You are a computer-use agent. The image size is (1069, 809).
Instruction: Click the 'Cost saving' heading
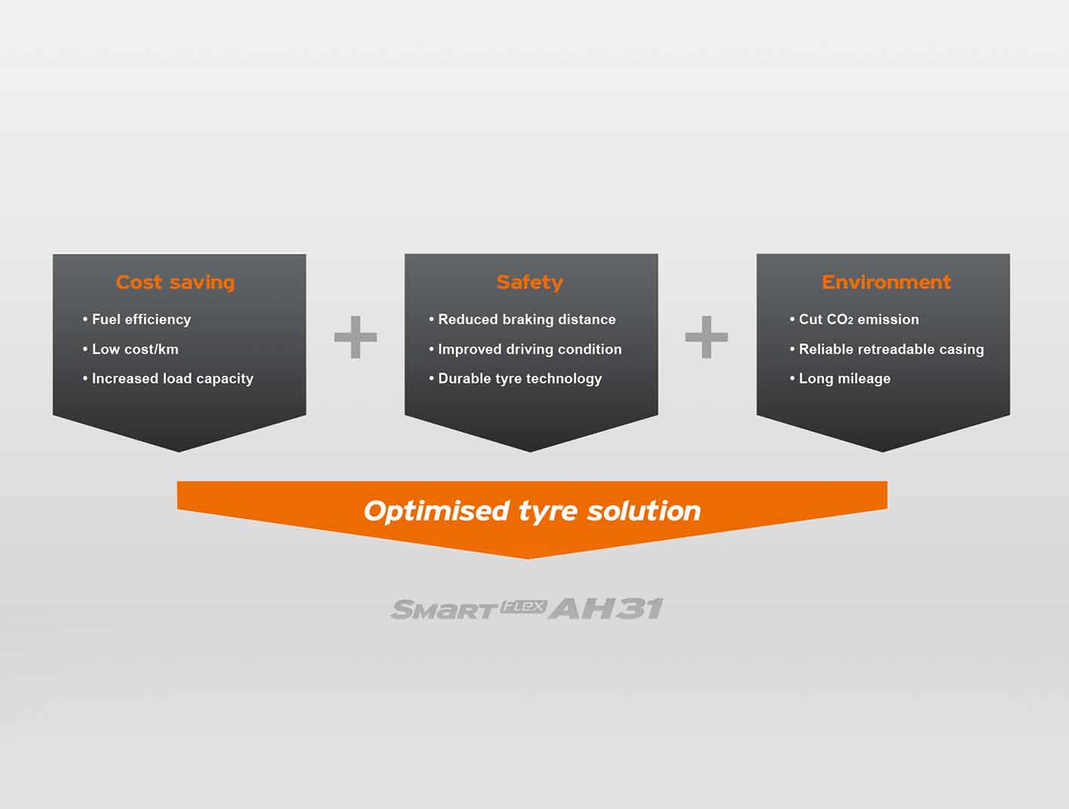point(175,282)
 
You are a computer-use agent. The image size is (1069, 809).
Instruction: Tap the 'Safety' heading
point(530,282)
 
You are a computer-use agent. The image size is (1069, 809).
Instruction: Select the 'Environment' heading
point(886,282)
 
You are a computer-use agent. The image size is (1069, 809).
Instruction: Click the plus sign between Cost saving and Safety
point(356,337)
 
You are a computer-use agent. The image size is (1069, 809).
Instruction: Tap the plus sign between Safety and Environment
point(707,337)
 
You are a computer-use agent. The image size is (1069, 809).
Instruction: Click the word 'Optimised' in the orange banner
point(437,511)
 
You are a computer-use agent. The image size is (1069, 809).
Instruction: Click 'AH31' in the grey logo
point(606,608)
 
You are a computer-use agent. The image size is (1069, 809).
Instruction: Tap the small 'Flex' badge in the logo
point(523,606)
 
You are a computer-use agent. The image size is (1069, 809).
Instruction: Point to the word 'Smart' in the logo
point(443,610)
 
